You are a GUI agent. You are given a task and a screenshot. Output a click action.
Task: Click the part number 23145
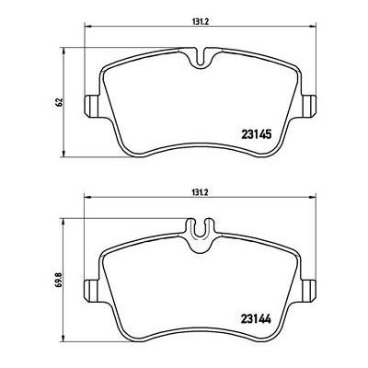(257, 134)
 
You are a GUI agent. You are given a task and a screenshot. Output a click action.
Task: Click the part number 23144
(257, 320)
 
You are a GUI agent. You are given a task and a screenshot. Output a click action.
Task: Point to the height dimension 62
(59, 102)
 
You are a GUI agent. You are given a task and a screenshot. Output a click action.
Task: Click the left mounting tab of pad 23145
(92, 106)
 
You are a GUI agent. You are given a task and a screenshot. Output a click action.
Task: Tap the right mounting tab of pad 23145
(308, 106)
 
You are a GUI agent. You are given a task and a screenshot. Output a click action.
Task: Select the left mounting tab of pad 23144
(92, 291)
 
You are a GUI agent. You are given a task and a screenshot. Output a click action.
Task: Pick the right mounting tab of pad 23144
(308, 291)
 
